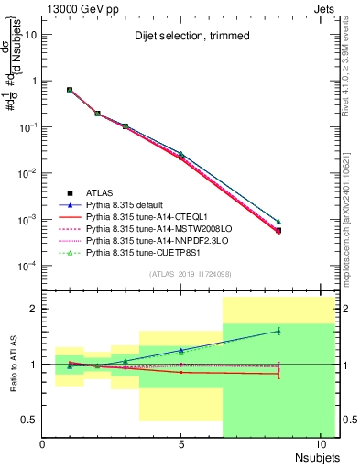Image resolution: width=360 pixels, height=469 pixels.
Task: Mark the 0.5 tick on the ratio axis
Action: point(29,420)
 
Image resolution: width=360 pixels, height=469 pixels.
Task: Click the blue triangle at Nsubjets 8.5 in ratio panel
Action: point(278,332)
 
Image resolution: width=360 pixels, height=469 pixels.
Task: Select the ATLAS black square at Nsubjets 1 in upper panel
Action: point(70,90)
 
